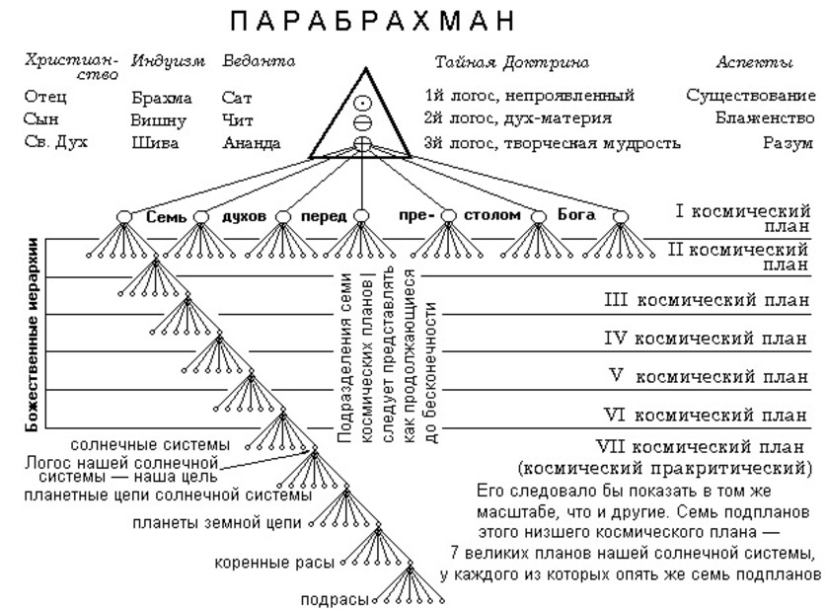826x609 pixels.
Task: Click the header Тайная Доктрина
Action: [512, 62]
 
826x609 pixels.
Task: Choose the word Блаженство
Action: [765, 119]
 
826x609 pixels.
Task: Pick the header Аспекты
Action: [754, 62]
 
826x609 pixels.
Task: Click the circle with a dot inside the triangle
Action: [362, 103]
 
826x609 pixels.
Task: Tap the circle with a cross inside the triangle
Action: [362, 144]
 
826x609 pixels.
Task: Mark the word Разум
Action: [789, 142]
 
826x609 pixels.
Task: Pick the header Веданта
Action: [260, 62]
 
